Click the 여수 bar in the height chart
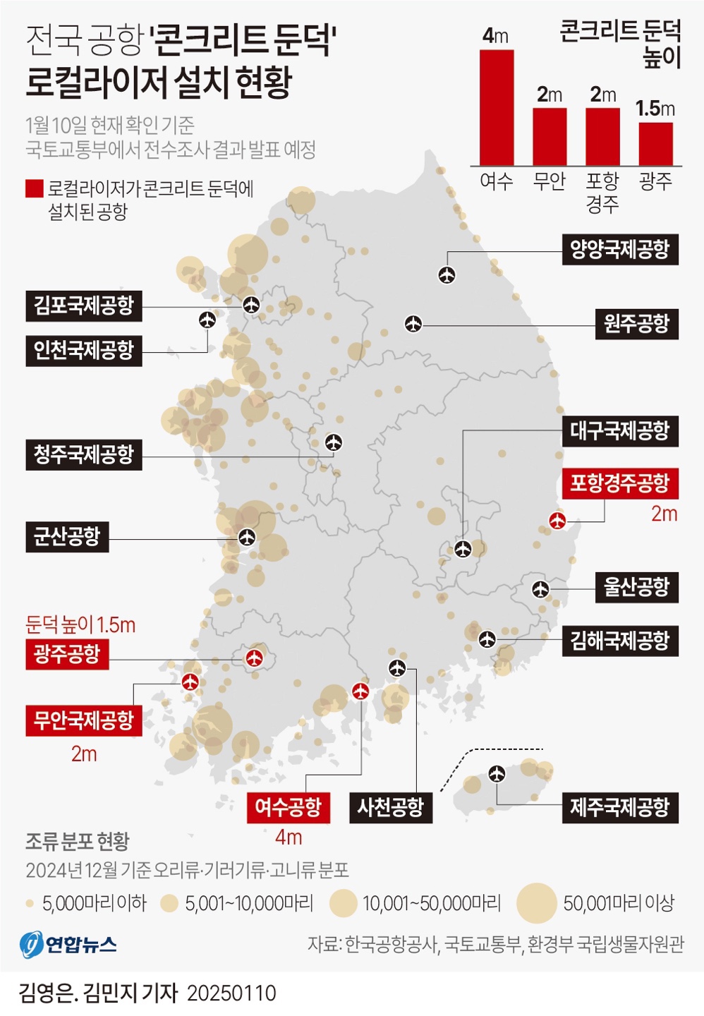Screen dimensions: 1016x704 (x=497, y=107)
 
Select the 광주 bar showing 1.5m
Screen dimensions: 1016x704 (x=655, y=144)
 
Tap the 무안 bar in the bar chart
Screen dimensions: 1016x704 (x=550, y=136)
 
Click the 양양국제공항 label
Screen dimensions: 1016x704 (x=619, y=249)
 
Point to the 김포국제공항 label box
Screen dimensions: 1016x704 (x=84, y=306)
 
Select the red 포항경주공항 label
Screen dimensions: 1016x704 (x=619, y=483)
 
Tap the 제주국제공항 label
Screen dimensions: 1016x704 (x=619, y=807)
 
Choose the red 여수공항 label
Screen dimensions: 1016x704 (x=288, y=807)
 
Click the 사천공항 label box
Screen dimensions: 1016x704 (x=390, y=807)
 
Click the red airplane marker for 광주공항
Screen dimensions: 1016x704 (x=254, y=658)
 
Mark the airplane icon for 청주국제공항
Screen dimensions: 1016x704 (x=334, y=442)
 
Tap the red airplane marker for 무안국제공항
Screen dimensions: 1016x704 (x=190, y=682)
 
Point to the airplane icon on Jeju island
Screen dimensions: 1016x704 (x=497, y=774)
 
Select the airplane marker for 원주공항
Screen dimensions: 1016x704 (x=413, y=324)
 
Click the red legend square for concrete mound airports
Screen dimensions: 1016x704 (x=34, y=188)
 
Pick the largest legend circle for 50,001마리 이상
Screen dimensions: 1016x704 (x=537, y=903)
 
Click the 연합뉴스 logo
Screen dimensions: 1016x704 (x=68, y=944)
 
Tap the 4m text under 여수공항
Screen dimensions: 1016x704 (x=289, y=837)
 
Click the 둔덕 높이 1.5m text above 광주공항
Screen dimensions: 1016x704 (x=80, y=624)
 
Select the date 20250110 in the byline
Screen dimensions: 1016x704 (x=231, y=993)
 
